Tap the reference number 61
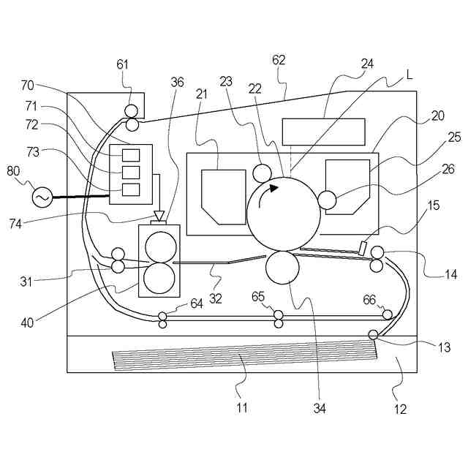pyautogui.click(x=122, y=64)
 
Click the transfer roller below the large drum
pyautogui.click(x=282, y=267)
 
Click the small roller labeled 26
pyautogui.click(x=326, y=199)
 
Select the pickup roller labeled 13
pyautogui.click(x=373, y=335)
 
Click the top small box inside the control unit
pyautogui.click(x=130, y=155)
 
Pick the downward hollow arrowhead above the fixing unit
pyautogui.click(x=159, y=216)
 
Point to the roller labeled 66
pyautogui.click(x=388, y=314)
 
